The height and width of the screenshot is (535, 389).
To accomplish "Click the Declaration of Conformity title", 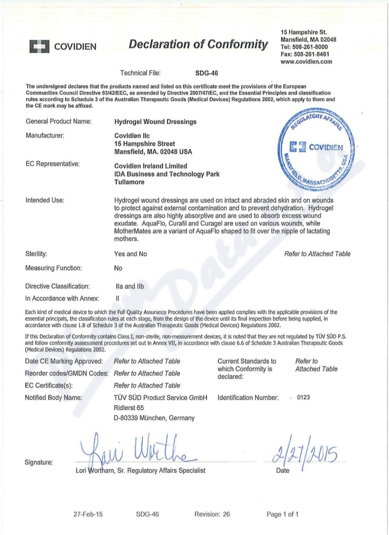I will click(x=198, y=45).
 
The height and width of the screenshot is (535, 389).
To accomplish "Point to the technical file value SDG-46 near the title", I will click(x=207, y=74).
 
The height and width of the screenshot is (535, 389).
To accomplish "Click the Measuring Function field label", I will click(x=53, y=268).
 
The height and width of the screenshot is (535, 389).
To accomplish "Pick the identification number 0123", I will click(x=303, y=397).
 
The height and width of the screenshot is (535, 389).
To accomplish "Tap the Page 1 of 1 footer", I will click(x=283, y=514).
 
